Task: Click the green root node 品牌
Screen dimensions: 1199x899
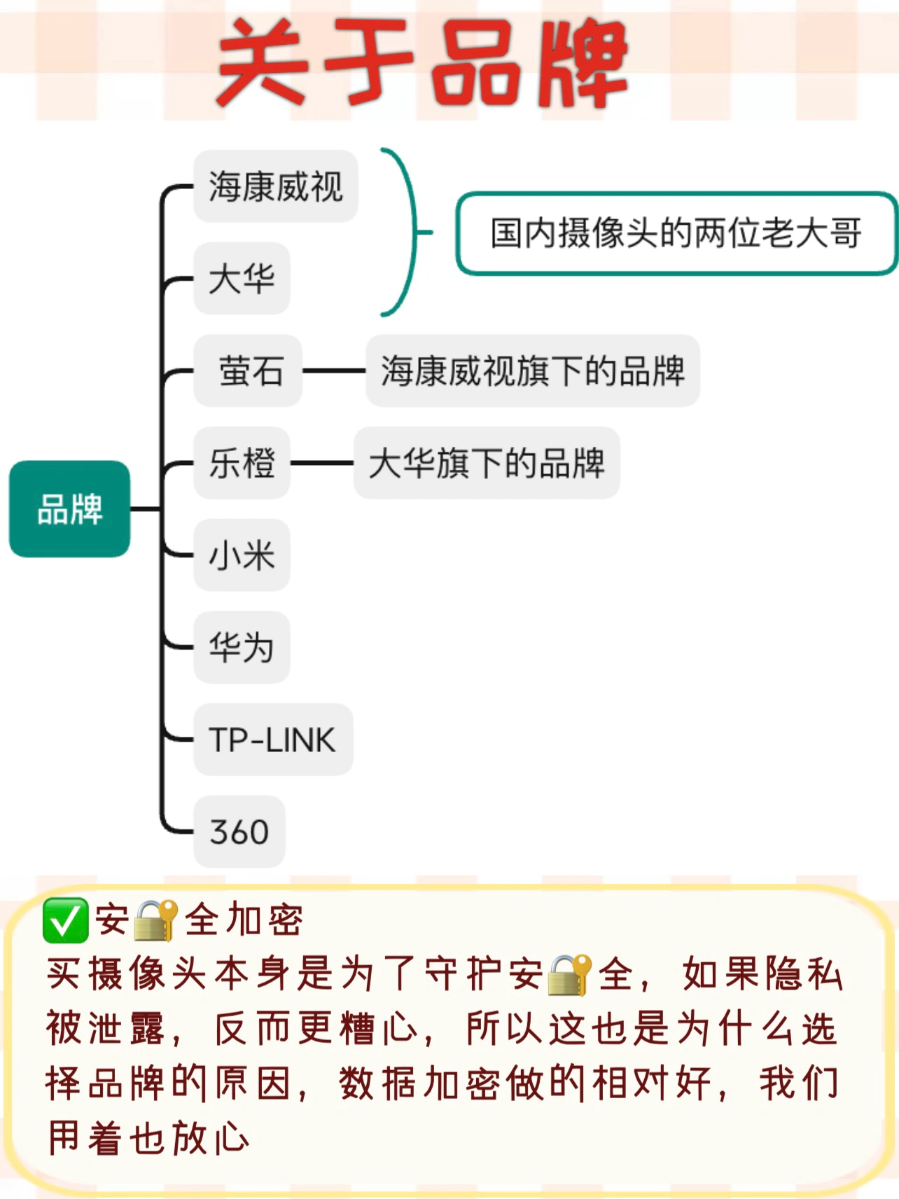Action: point(69,509)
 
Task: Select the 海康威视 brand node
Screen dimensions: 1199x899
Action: point(275,186)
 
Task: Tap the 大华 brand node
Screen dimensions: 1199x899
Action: point(242,279)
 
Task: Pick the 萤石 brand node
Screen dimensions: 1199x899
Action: point(249,370)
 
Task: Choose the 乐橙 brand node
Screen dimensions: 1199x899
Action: point(242,463)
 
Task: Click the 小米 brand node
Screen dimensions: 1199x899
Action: point(242,555)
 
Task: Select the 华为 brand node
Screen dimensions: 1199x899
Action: point(242,647)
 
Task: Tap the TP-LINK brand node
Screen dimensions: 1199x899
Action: point(272,740)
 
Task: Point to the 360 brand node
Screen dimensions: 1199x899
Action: point(239,832)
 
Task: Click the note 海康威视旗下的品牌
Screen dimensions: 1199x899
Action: point(532,370)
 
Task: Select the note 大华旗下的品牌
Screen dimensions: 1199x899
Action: point(486,463)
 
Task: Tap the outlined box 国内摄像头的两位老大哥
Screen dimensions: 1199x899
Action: point(676,233)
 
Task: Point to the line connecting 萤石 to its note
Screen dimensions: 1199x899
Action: point(334,370)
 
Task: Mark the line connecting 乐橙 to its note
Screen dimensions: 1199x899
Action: point(321,463)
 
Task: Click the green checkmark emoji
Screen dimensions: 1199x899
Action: point(65,920)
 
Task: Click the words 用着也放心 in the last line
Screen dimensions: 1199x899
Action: point(148,1137)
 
